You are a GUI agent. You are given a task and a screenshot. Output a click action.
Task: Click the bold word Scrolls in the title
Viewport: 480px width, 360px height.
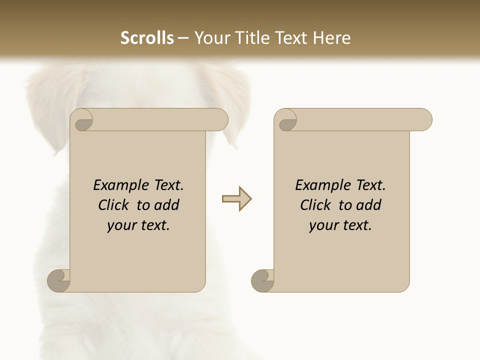point(147,38)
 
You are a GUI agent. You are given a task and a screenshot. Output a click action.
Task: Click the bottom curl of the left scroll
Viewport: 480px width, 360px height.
point(58,280)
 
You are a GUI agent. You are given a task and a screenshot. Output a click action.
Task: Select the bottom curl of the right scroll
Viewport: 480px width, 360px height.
point(262,280)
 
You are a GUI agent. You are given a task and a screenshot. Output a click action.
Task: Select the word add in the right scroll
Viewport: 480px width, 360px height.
point(369,205)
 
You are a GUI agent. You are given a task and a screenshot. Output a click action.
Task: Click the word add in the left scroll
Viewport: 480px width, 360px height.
point(167,205)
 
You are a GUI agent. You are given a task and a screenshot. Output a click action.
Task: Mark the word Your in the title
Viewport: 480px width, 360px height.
point(210,38)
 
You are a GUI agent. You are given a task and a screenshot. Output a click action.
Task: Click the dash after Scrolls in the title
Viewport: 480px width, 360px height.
point(183,38)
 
